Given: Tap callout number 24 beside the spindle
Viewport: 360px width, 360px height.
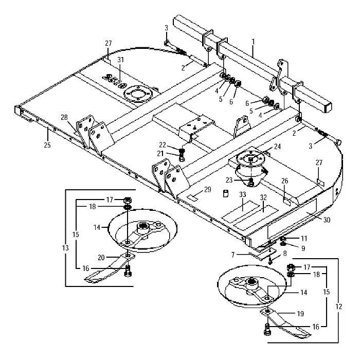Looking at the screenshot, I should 277,147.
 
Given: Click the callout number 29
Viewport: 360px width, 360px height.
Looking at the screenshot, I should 207,190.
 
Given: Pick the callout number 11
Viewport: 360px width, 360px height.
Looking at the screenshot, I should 303,239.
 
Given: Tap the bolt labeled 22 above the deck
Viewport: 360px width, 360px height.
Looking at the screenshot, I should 182,152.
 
